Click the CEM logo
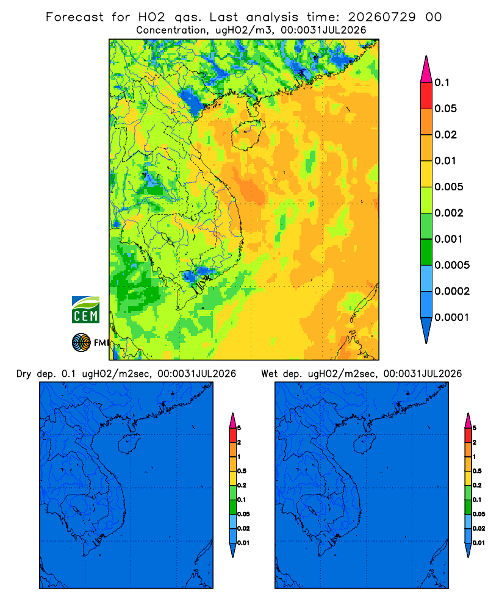(x=85, y=309)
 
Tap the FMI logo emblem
(x=81, y=342)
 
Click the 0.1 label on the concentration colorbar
(x=442, y=82)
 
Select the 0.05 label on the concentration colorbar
(x=445, y=109)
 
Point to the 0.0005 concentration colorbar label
(x=452, y=265)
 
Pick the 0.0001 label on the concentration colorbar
(x=452, y=317)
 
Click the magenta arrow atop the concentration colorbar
(x=426, y=70)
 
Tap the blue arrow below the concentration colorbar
(x=426, y=331)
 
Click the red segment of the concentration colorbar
(x=426, y=96)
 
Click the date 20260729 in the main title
(x=382, y=17)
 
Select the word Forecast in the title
(x=74, y=17)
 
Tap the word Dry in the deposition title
(x=23, y=374)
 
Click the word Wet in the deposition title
(x=269, y=374)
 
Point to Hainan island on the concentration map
(x=248, y=135)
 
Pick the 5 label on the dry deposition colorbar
(x=239, y=428)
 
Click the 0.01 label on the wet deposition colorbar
(x=479, y=543)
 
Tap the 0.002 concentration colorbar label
(x=449, y=213)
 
